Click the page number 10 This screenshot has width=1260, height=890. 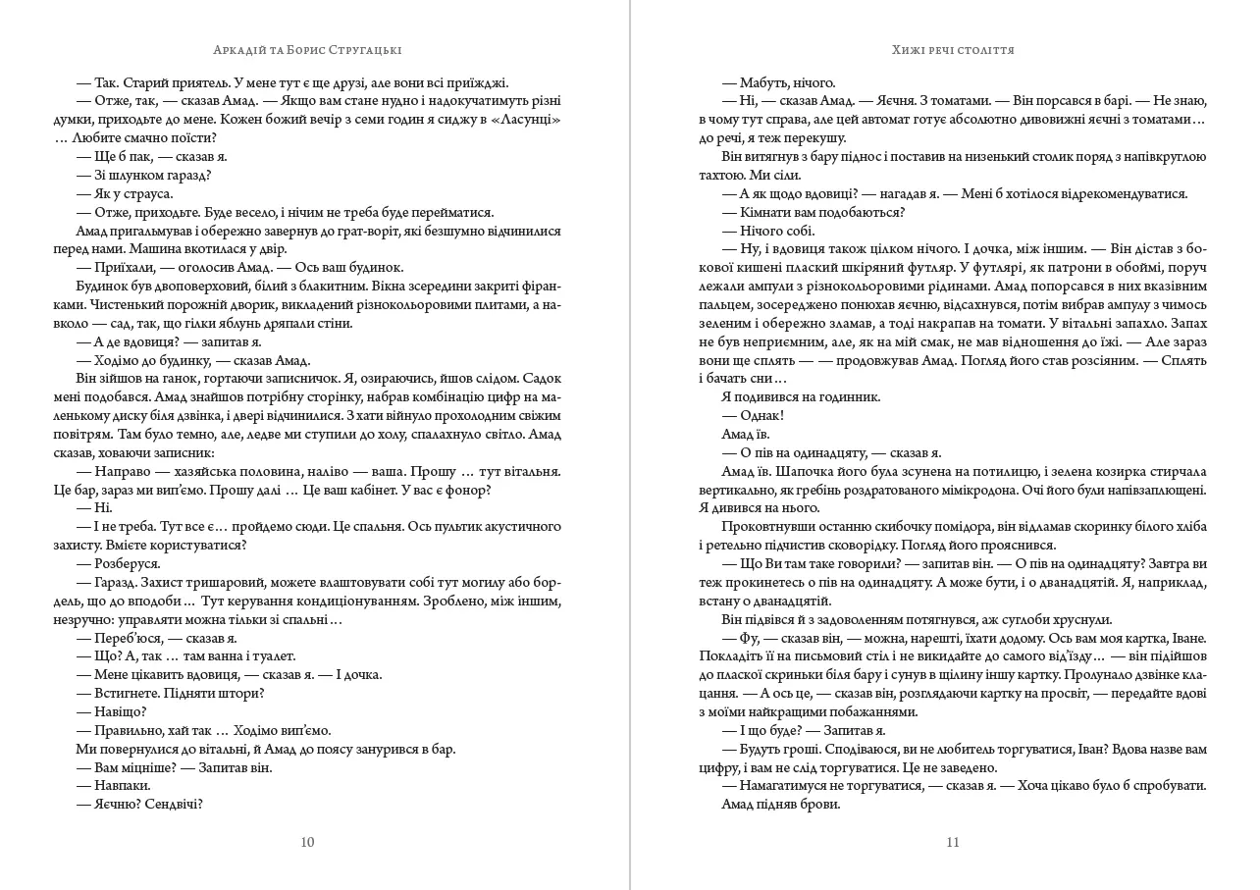tap(307, 842)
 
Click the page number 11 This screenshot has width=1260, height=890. tap(952, 842)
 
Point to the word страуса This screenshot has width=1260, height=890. tap(146, 194)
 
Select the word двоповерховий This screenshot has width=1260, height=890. tap(176, 287)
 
